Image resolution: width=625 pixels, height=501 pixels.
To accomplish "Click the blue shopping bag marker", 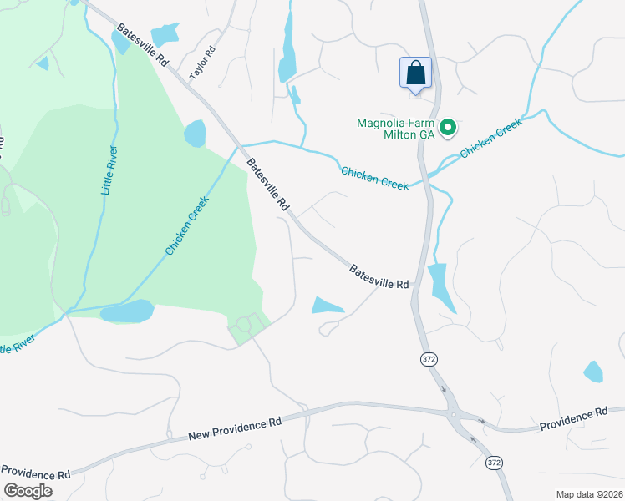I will click(x=415, y=73).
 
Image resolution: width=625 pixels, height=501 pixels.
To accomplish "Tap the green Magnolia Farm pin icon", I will click(x=448, y=128).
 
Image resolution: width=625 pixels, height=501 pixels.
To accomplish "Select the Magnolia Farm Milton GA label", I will click(x=395, y=129).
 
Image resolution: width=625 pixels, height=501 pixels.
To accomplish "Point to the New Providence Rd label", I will click(x=235, y=424).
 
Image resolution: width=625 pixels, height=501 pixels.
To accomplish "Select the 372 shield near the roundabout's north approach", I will click(x=427, y=358).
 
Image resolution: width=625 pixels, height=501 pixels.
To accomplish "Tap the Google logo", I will click(x=28, y=491).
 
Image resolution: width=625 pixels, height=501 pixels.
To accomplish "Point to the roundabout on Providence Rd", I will click(x=455, y=415).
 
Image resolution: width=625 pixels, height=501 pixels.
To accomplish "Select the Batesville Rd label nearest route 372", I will click(x=379, y=277).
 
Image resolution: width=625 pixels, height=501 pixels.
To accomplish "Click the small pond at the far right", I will click(x=593, y=372).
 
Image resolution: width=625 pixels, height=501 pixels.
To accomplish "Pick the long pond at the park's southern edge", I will click(x=127, y=311).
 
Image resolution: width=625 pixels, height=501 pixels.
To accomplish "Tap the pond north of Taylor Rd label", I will click(x=165, y=34).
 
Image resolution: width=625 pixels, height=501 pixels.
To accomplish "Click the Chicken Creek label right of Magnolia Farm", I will click(x=490, y=138).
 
